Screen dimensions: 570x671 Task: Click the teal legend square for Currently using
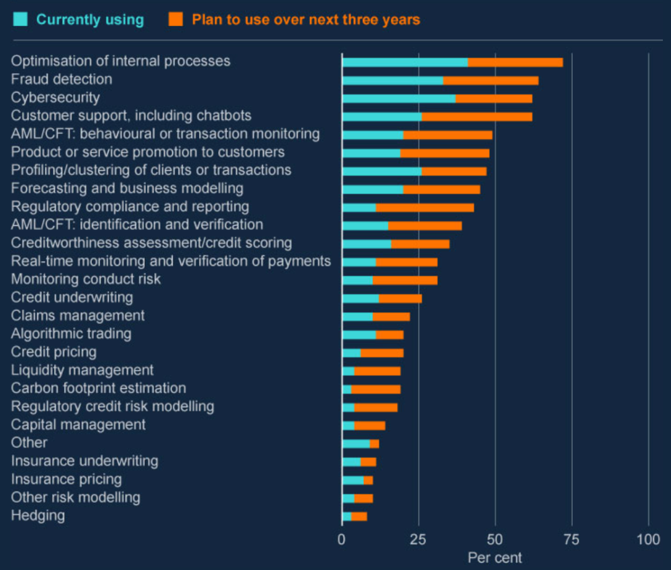(21, 20)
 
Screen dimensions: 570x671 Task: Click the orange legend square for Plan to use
(176, 20)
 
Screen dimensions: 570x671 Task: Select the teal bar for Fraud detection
(393, 80)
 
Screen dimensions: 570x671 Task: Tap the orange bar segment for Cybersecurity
(494, 98)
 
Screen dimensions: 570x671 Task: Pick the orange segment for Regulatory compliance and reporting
(425, 207)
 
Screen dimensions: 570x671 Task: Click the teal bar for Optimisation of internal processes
(405, 62)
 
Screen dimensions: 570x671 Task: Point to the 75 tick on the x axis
(572, 540)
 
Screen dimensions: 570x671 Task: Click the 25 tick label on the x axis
(418, 540)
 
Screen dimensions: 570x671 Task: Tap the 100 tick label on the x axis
(649, 540)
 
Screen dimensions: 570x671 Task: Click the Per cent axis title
(495, 558)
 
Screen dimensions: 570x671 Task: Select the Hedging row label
(38, 515)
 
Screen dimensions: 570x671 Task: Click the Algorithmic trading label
(71, 334)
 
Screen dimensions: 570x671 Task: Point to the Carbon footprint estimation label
(99, 388)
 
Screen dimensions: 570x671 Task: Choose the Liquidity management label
(83, 370)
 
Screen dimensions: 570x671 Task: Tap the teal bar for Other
(356, 444)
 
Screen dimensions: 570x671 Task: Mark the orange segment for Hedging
(359, 517)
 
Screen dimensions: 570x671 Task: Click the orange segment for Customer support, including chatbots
(477, 116)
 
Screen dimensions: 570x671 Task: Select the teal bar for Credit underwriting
(361, 298)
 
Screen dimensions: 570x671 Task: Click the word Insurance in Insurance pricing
(41, 479)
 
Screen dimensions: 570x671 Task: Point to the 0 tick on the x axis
(342, 540)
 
